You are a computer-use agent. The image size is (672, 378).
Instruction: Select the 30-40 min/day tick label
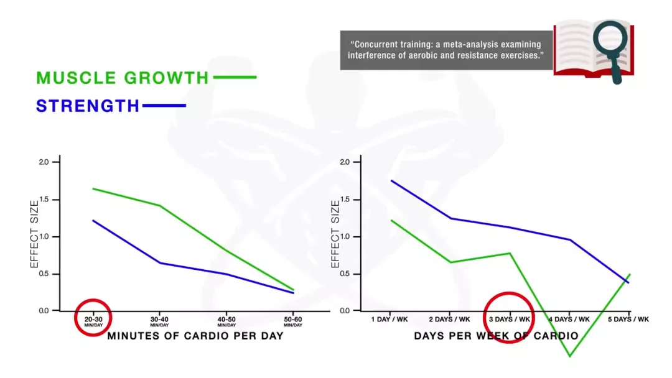(x=159, y=321)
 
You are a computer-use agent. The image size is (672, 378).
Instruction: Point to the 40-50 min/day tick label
(x=226, y=321)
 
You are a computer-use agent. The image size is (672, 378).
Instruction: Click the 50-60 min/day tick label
(x=293, y=321)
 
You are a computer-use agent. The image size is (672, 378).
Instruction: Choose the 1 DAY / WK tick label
(x=390, y=319)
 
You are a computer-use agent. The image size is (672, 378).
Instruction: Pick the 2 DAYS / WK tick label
(x=450, y=319)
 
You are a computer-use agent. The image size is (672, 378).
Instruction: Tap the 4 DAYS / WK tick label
(x=569, y=319)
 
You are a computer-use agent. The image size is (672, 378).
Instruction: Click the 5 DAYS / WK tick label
(x=628, y=319)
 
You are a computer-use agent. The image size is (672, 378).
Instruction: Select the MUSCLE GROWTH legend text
(x=123, y=78)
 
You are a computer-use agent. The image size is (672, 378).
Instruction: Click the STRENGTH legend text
(x=88, y=106)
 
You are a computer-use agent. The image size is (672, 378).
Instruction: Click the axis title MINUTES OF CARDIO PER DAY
(x=195, y=336)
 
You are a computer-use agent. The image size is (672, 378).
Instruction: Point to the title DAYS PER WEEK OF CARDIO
(x=496, y=336)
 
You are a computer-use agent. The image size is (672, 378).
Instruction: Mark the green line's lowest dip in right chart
(x=569, y=356)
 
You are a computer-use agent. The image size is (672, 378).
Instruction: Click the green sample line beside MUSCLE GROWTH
(x=235, y=78)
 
